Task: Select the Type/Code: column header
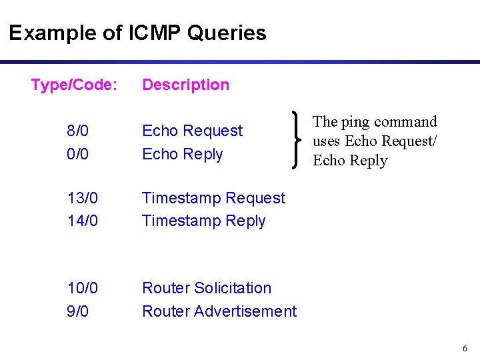point(75,85)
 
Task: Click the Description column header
point(185,85)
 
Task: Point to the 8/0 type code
point(78,131)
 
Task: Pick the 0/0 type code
point(78,154)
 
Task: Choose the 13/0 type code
point(82,198)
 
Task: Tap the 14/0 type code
point(82,221)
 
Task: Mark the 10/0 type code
point(82,288)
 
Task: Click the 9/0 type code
point(78,311)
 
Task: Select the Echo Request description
point(192,131)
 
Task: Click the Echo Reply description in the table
point(182,154)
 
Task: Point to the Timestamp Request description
point(213,198)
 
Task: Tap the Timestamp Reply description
point(203,221)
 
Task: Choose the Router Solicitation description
point(207,288)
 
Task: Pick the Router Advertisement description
point(219,311)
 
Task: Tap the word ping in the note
point(354,123)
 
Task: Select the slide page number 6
point(465,349)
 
